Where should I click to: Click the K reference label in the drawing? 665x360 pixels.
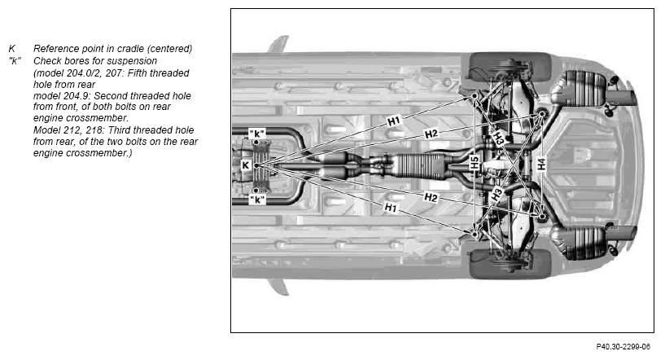pyautogui.click(x=246, y=165)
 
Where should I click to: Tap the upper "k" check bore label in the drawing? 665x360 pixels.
pyautogui.click(x=256, y=134)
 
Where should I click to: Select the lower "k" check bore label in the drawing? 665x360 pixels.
pyautogui.click(x=257, y=200)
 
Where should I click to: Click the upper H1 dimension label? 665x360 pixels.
pyautogui.click(x=394, y=121)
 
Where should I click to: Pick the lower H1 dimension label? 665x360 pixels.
pyautogui.click(x=391, y=208)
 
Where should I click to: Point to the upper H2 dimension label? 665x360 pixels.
pyautogui.click(x=431, y=134)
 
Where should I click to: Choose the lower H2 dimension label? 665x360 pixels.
pyautogui.click(x=431, y=197)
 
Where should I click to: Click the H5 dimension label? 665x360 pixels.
pyautogui.click(x=475, y=163)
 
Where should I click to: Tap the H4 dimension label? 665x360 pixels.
pyautogui.click(x=541, y=164)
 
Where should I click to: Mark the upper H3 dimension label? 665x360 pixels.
pyautogui.click(x=498, y=138)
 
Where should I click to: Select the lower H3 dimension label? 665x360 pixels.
pyautogui.click(x=497, y=195)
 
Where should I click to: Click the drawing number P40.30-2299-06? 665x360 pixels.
pyautogui.click(x=623, y=347)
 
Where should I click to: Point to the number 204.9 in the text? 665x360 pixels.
pyautogui.click(x=77, y=96)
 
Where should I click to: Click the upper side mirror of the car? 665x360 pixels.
pyautogui.click(x=278, y=44)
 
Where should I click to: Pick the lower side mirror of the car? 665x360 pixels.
pyautogui.click(x=278, y=287)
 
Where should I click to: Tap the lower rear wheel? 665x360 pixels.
pyautogui.click(x=510, y=264)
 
